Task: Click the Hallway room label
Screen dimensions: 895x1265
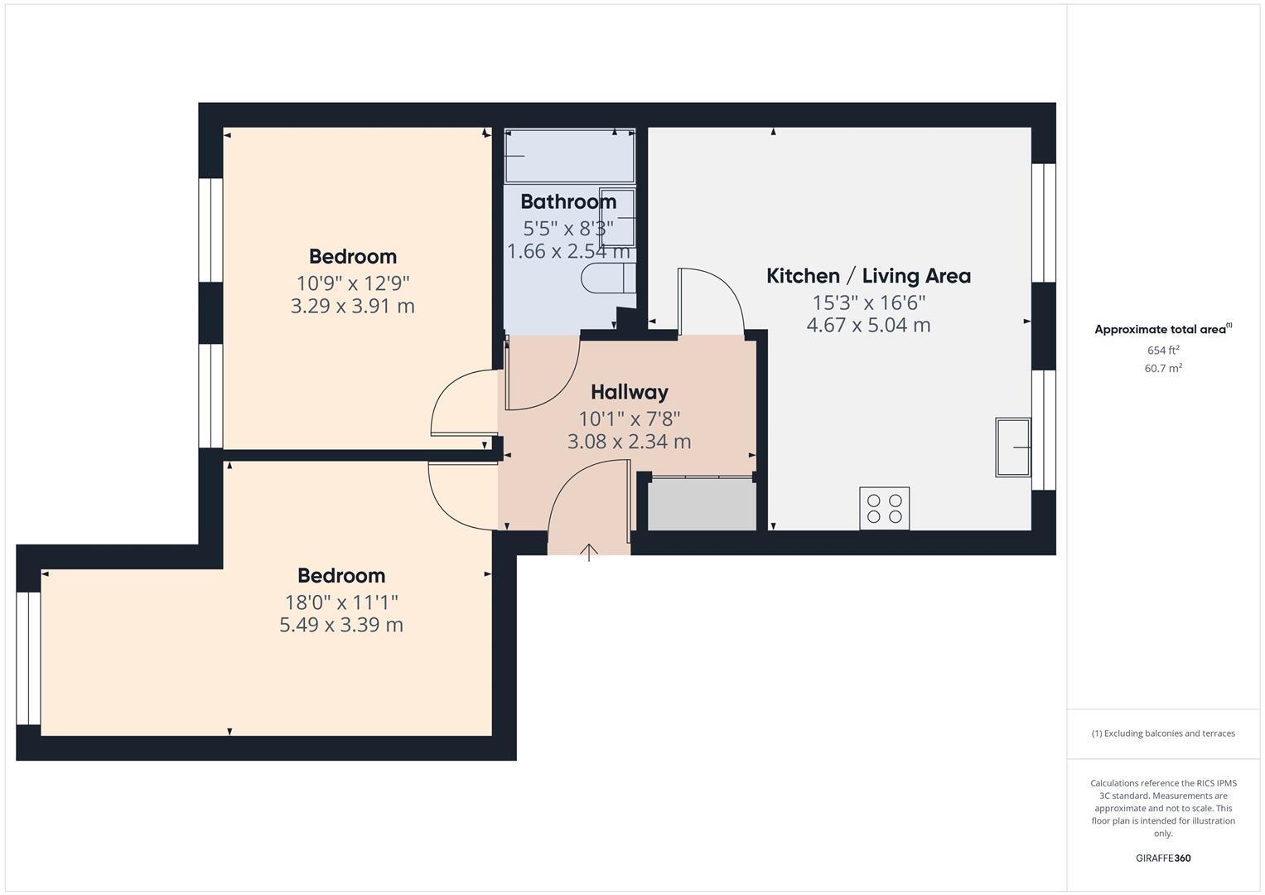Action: [629, 392]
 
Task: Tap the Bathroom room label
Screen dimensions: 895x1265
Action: [568, 201]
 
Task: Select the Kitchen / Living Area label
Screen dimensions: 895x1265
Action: [868, 276]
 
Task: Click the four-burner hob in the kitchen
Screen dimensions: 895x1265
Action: [884, 508]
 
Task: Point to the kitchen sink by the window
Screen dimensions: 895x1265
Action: [1012, 447]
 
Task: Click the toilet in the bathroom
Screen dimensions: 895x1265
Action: [607, 278]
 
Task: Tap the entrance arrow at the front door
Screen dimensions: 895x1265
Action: [589, 552]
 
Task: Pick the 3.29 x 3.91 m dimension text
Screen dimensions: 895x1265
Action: [353, 307]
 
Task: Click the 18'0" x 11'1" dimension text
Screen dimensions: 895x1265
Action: [341, 602]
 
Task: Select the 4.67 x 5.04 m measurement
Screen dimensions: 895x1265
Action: [868, 326]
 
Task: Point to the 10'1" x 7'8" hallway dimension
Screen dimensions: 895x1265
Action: [629, 418]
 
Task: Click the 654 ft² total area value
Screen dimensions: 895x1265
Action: [1162, 351]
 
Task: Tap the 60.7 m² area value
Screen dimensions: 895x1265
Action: [1162, 369]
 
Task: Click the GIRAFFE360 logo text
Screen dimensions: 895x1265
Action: [1162, 858]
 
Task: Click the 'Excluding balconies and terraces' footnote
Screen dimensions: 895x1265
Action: [1162, 733]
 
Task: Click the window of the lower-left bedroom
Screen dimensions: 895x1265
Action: [28, 658]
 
